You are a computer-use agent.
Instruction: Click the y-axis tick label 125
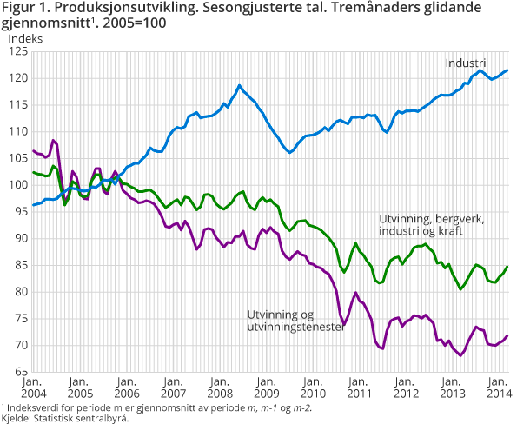click(15, 51)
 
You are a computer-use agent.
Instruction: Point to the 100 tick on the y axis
click(15, 185)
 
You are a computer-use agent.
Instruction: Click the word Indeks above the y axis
click(24, 37)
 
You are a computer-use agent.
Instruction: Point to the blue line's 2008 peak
click(239, 85)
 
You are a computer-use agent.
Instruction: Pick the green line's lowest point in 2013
click(460, 288)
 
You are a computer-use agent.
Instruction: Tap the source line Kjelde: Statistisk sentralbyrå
click(64, 418)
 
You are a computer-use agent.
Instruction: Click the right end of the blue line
click(507, 70)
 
